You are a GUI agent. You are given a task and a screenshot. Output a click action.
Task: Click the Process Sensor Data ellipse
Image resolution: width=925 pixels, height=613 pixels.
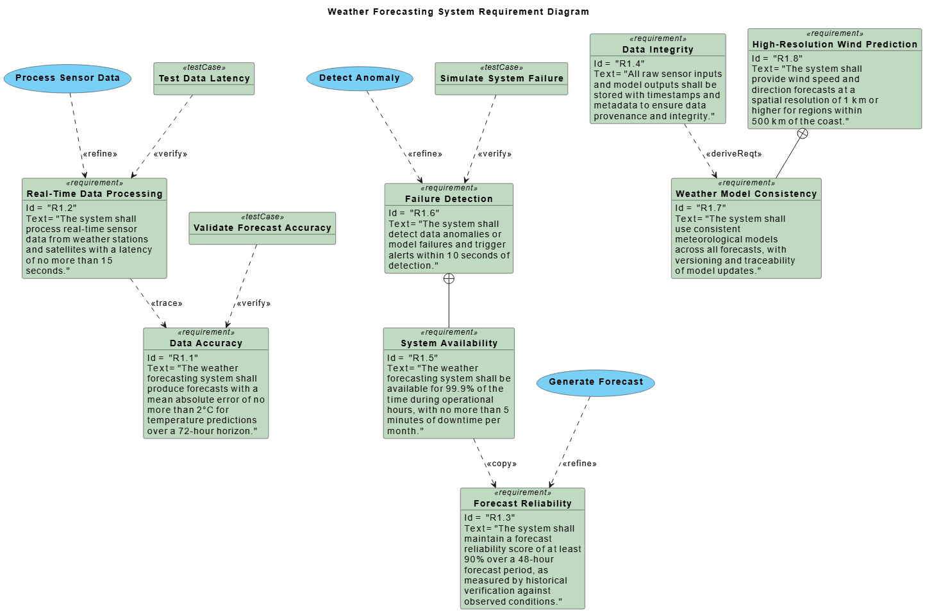(67, 78)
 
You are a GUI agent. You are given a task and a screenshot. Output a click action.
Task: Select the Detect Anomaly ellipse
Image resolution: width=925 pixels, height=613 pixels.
(359, 78)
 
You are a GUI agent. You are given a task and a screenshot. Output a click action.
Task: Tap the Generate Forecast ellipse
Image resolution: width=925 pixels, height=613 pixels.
(596, 382)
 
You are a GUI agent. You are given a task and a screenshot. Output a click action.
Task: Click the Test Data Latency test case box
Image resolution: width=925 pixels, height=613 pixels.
(204, 79)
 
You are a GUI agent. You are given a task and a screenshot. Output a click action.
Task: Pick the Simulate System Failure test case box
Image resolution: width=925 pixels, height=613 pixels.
(501, 79)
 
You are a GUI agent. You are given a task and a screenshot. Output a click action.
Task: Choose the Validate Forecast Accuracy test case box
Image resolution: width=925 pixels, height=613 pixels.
(262, 228)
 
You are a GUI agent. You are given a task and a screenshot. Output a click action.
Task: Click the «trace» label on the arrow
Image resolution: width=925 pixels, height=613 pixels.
(167, 303)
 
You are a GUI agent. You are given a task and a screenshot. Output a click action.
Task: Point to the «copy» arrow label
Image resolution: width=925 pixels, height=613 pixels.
(501, 464)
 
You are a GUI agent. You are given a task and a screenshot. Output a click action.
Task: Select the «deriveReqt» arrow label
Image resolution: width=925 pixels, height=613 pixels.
(733, 154)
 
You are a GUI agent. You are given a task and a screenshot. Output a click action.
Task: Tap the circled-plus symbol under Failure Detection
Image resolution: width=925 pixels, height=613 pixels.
(449, 278)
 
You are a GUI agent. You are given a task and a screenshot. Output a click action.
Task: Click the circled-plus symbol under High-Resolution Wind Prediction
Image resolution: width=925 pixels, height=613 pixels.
(802, 133)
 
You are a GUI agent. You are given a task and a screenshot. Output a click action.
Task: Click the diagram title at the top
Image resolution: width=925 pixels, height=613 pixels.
(458, 12)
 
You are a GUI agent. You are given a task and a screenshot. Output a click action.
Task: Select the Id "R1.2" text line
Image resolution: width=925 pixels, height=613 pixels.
(51, 208)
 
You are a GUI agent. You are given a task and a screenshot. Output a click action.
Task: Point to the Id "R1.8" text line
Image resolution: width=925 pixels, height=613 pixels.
(777, 58)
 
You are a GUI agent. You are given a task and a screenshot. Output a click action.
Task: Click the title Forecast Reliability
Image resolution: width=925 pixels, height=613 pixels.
(522, 503)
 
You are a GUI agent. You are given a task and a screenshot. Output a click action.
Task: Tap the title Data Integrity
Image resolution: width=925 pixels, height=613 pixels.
(658, 49)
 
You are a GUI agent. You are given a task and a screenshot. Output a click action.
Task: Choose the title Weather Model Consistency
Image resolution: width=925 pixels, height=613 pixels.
(746, 194)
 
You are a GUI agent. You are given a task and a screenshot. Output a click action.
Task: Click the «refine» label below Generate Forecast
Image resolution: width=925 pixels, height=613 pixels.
(579, 464)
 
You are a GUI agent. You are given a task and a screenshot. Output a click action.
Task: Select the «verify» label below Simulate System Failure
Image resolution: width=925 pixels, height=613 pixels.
(494, 154)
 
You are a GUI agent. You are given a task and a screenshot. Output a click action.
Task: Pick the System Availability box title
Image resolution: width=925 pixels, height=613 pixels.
(449, 343)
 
